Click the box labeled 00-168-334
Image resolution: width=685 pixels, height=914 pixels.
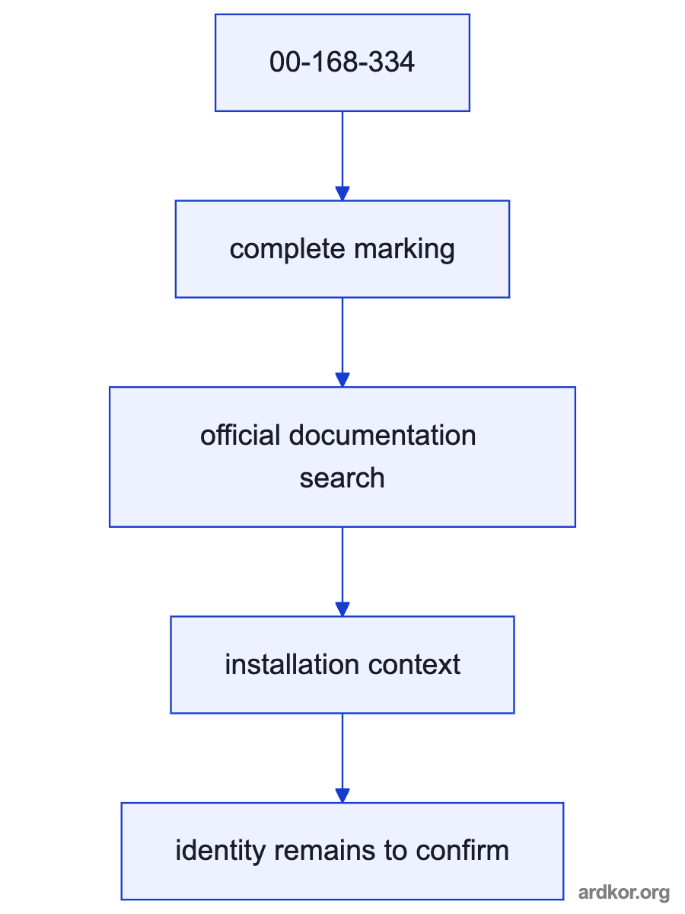pyautogui.click(x=342, y=63)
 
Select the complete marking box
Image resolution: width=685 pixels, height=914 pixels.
pyautogui.click(x=342, y=249)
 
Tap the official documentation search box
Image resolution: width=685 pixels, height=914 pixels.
pyautogui.click(x=342, y=457)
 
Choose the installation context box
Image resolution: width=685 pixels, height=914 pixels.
pyautogui.click(x=342, y=665)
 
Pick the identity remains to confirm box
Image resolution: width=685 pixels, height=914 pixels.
pyautogui.click(x=342, y=851)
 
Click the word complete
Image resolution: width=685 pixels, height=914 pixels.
pyautogui.click(x=288, y=250)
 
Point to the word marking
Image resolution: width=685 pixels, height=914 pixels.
pyautogui.click(x=404, y=250)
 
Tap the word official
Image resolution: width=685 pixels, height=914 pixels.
pyautogui.click(x=240, y=435)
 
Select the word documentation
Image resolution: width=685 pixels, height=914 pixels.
pyautogui.click(x=382, y=435)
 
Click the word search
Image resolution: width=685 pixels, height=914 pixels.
pyautogui.click(x=342, y=478)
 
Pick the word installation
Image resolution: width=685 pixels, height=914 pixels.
pyautogui.click(x=292, y=664)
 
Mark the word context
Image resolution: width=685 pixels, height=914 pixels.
pyautogui.click(x=414, y=665)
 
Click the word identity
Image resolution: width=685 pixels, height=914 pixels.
pyautogui.click(x=220, y=852)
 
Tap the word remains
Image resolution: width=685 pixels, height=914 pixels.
pyautogui.click(x=324, y=851)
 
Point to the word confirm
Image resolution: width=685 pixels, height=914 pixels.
pyautogui.click(x=463, y=851)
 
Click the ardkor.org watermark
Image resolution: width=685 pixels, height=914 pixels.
pyautogui.click(x=624, y=893)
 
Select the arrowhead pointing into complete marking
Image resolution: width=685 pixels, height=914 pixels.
pyautogui.click(x=342, y=193)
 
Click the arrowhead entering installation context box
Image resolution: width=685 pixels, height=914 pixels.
pyautogui.click(x=342, y=609)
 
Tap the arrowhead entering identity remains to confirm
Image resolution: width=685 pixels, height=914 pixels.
pyautogui.click(x=342, y=795)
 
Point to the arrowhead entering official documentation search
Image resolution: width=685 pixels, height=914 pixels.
pyautogui.click(x=342, y=380)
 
